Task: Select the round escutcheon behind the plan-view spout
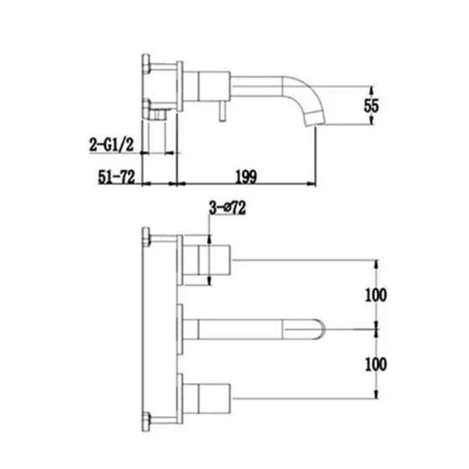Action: (x=181, y=326)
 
